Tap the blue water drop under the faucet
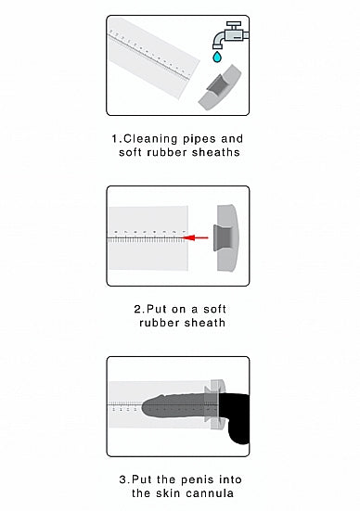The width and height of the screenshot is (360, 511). pyautogui.click(x=218, y=57)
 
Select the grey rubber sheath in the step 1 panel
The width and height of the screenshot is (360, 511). pyautogui.click(x=217, y=89)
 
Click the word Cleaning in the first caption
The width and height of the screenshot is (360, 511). pyautogui.click(x=154, y=139)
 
